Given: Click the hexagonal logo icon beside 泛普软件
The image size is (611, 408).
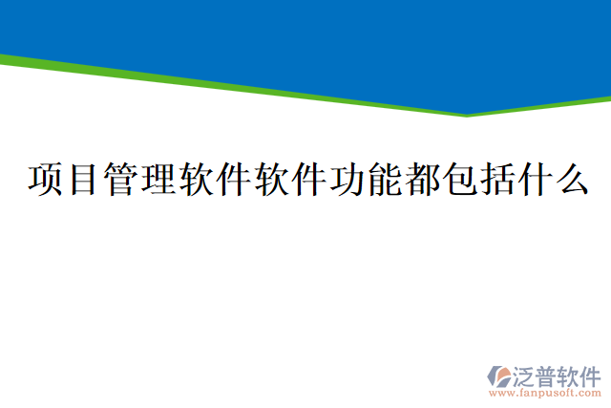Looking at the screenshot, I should coord(499,376).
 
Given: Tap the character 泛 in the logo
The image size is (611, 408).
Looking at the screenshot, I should coord(526,373).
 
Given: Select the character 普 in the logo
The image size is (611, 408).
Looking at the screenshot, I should coord(548,373).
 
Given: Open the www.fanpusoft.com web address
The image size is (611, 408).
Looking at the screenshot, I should coord(544,392).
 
